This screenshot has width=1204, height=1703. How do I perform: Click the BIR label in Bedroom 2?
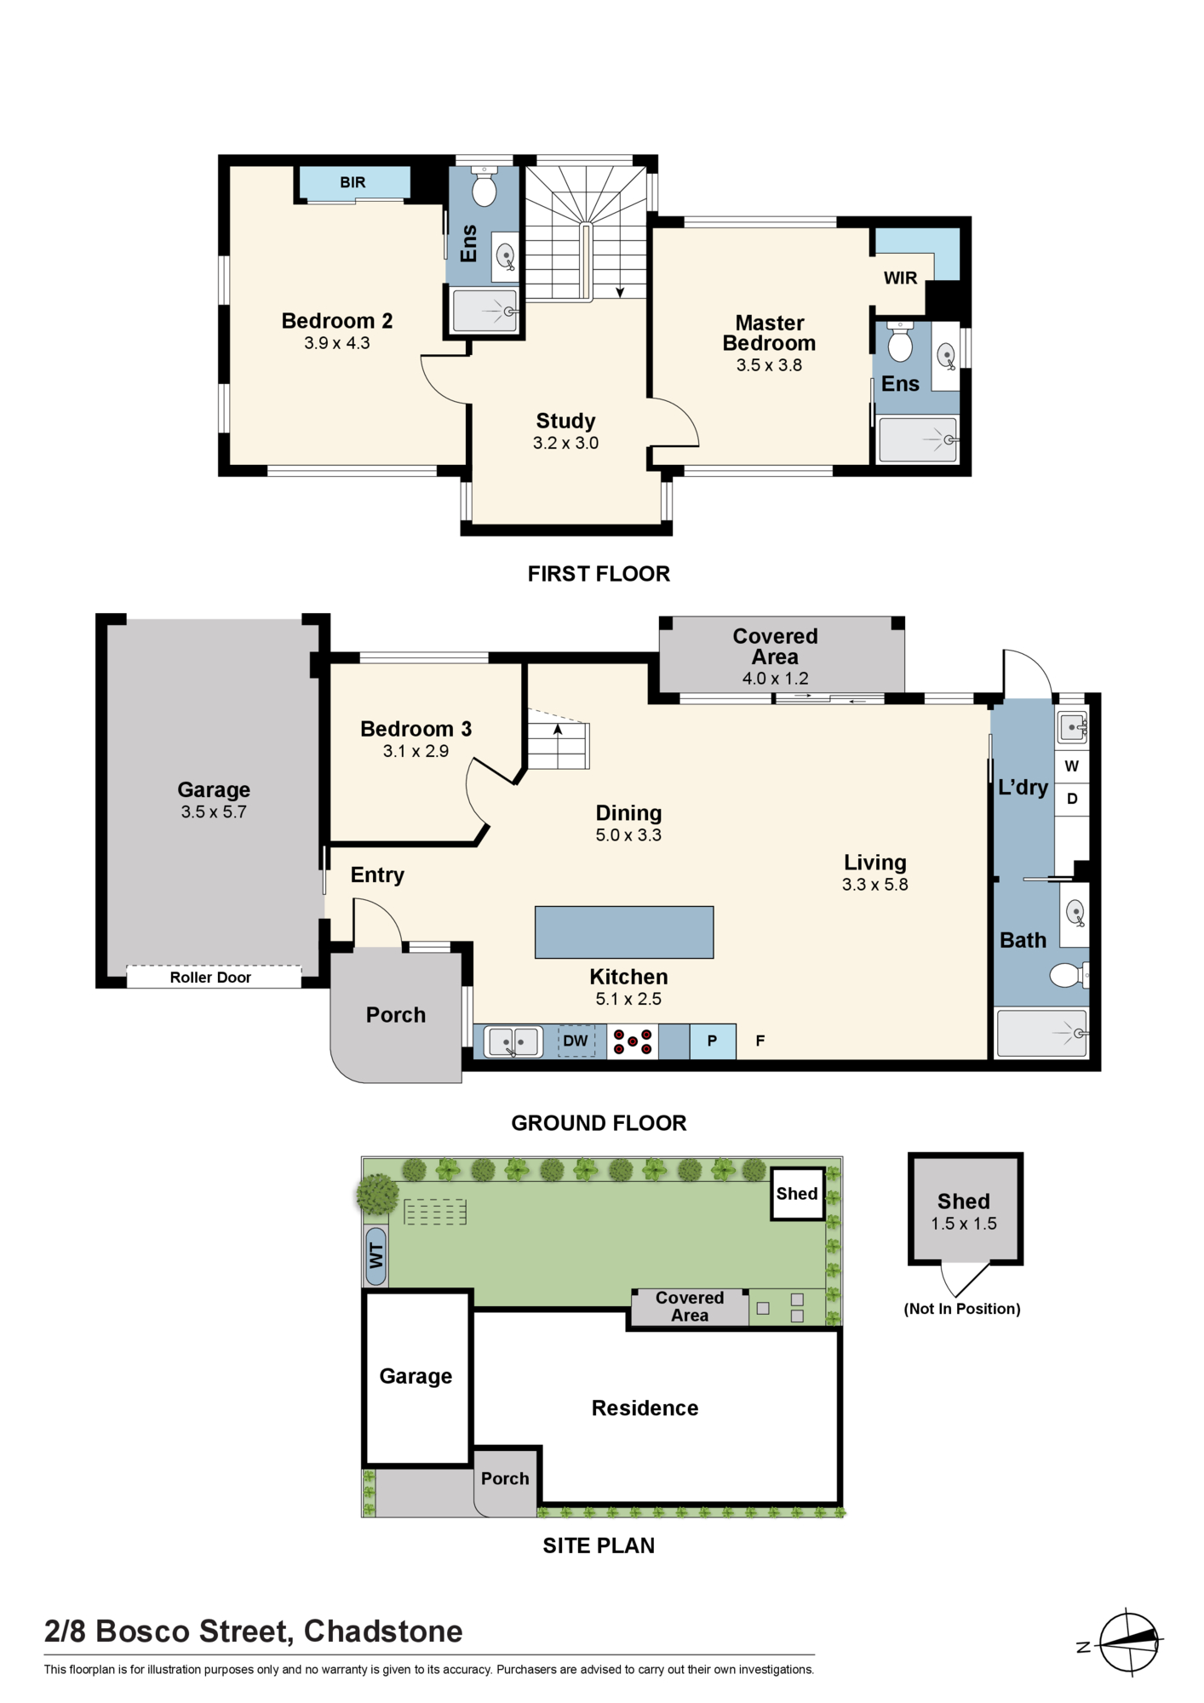(353, 182)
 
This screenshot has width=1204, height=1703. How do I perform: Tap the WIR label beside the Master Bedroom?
(900, 278)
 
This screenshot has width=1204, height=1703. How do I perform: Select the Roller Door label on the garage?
(210, 978)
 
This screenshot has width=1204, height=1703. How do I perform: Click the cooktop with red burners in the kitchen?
(633, 1041)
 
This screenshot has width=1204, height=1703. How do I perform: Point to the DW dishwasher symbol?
(576, 1041)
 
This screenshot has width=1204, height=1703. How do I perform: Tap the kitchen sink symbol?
(513, 1041)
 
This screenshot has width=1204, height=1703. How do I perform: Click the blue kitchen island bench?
(624, 932)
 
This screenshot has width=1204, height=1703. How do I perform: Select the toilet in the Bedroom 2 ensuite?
(484, 186)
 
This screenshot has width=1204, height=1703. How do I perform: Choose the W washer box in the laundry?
(1072, 766)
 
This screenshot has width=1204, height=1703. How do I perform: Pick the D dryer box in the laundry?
(1072, 799)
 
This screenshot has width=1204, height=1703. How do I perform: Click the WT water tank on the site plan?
(376, 1255)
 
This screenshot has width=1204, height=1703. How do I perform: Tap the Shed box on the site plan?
(798, 1194)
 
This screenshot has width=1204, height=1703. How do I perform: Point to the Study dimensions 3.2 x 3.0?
(565, 443)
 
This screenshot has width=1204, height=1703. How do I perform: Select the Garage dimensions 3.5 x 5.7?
(214, 811)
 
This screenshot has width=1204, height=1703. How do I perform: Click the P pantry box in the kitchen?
(713, 1041)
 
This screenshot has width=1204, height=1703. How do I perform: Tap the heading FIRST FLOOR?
(599, 574)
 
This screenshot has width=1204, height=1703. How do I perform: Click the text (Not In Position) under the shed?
(962, 1309)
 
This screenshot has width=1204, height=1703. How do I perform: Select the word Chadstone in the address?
(383, 1631)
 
